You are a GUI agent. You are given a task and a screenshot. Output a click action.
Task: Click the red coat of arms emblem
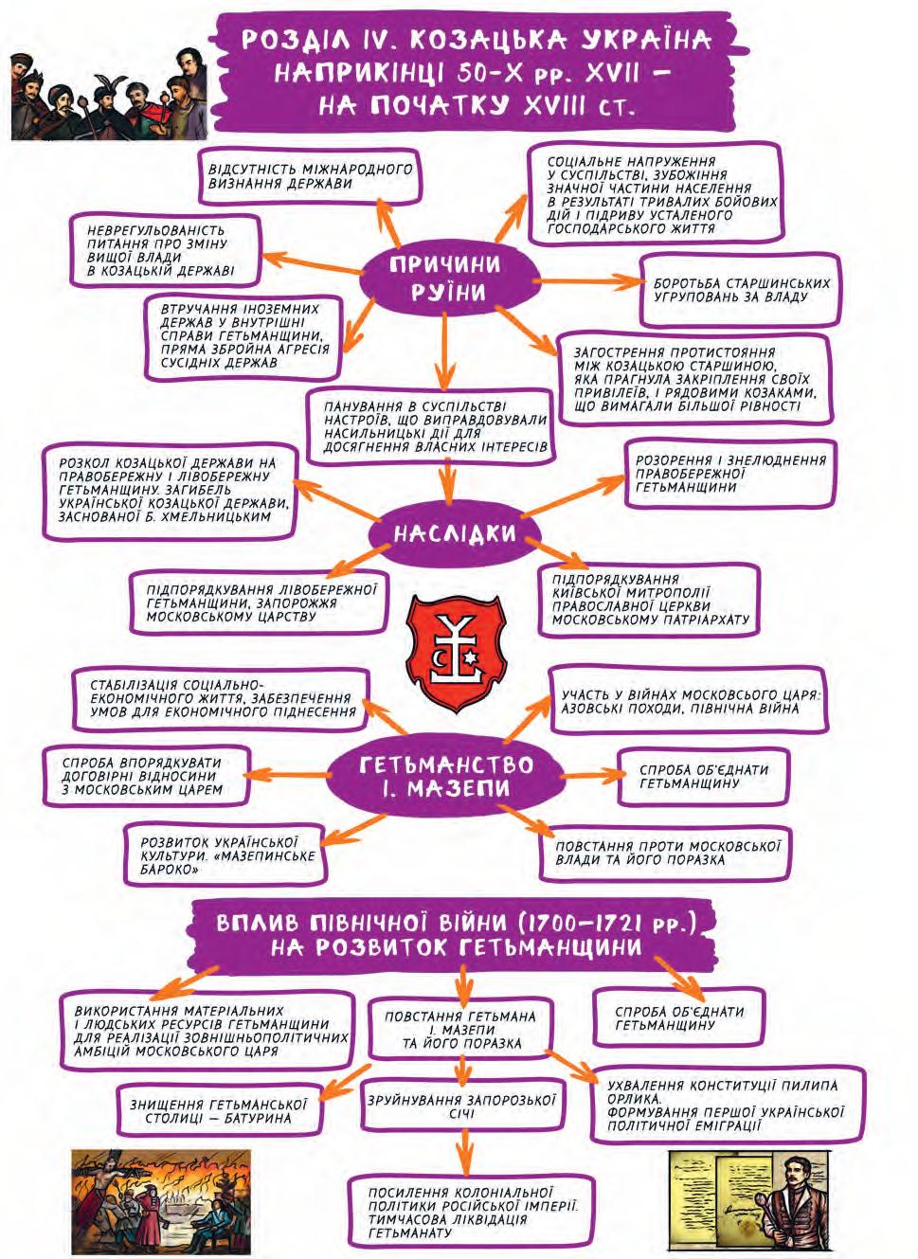pos(456,646)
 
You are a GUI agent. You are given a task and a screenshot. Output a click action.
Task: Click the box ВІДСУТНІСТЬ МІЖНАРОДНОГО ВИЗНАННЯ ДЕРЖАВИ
pos(311,176)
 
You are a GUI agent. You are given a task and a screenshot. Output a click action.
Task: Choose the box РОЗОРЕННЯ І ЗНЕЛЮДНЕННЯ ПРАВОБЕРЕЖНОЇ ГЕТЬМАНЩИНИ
pos(729,473)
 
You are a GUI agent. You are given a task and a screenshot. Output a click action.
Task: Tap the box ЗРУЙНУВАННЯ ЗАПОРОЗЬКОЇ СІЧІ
pos(462,1106)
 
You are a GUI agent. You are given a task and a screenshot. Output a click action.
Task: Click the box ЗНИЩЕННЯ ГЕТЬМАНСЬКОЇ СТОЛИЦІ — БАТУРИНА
pos(218,1110)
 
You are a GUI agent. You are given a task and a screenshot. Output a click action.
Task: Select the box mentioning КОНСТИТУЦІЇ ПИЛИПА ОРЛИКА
pos(725,1105)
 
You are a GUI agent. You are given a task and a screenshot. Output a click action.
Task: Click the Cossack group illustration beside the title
pos(102,92)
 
